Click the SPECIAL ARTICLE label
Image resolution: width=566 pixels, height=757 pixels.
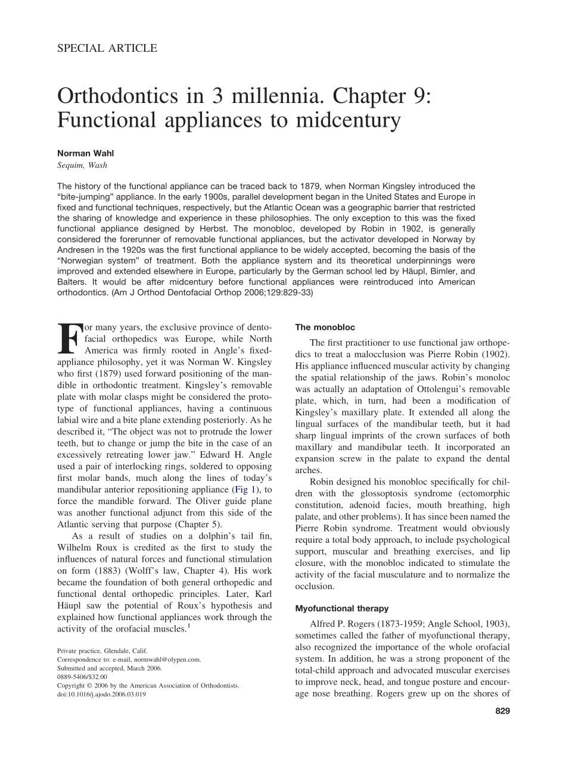click(x=107, y=49)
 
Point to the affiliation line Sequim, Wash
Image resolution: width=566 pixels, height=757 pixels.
click(x=82, y=165)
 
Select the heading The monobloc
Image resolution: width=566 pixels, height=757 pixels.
click(x=325, y=327)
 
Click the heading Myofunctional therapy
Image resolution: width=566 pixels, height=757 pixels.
click(x=342, y=609)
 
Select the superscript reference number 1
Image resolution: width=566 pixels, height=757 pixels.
click(x=189, y=626)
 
